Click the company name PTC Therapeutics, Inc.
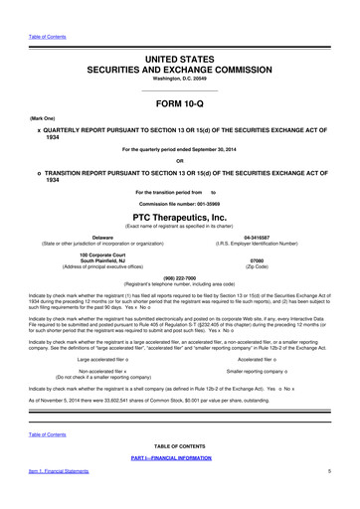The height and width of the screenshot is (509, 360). pyautogui.click(x=180, y=213)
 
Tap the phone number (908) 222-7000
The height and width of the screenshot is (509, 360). pyautogui.click(x=180, y=279)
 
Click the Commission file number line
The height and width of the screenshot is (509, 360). pyautogui.click(x=180, y=197)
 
